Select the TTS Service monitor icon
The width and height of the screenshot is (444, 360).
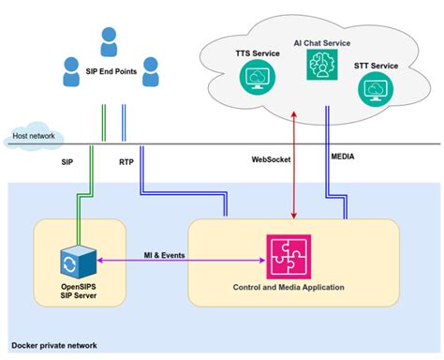pyautogui.click(x=253, y=80)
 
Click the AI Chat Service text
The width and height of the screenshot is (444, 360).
pyautogui.click(x=320, y=41)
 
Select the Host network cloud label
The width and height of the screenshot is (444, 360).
pyautogui.click(x=32, y=136)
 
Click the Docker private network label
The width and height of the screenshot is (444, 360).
pyautogui.click(x=52, y=347)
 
